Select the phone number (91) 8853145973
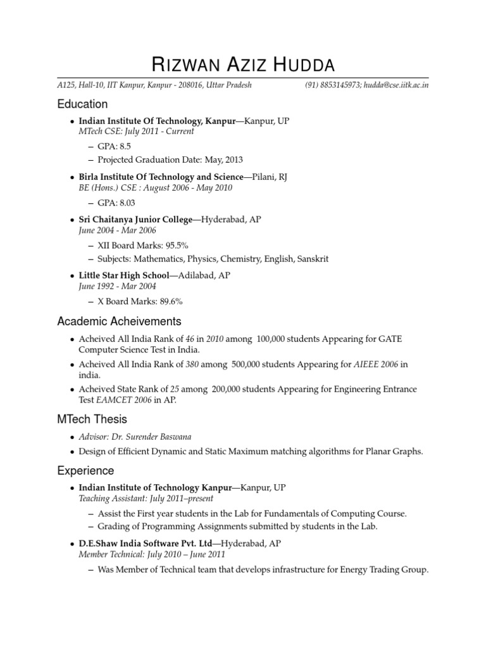click(x=333, y=85)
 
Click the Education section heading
click(x=82, y=104)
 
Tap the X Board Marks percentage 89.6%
click(x=170, y=301)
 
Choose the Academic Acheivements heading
click(x=119, y=321)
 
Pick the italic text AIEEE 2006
click(x=376, y=364)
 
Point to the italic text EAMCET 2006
click(x=124, y=400)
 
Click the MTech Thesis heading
click(x=92, y=420)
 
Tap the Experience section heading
click(x=85, y=471)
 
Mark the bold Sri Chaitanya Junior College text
click(x=135, y=220)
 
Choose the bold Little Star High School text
click(x=124, y=275)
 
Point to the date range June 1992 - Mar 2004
click(x=117, y=287)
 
